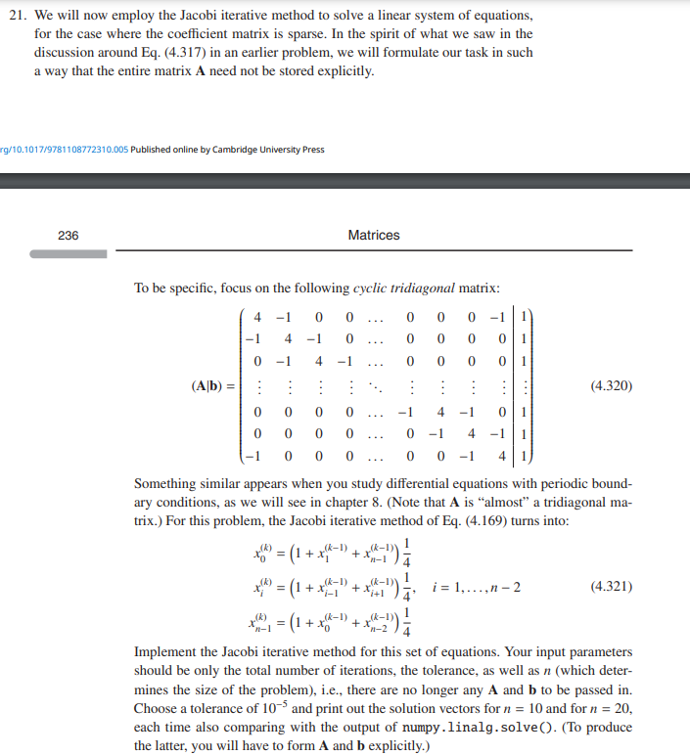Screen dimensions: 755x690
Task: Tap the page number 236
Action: [69, 235]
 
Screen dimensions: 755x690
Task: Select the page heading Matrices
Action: [373, 235]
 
